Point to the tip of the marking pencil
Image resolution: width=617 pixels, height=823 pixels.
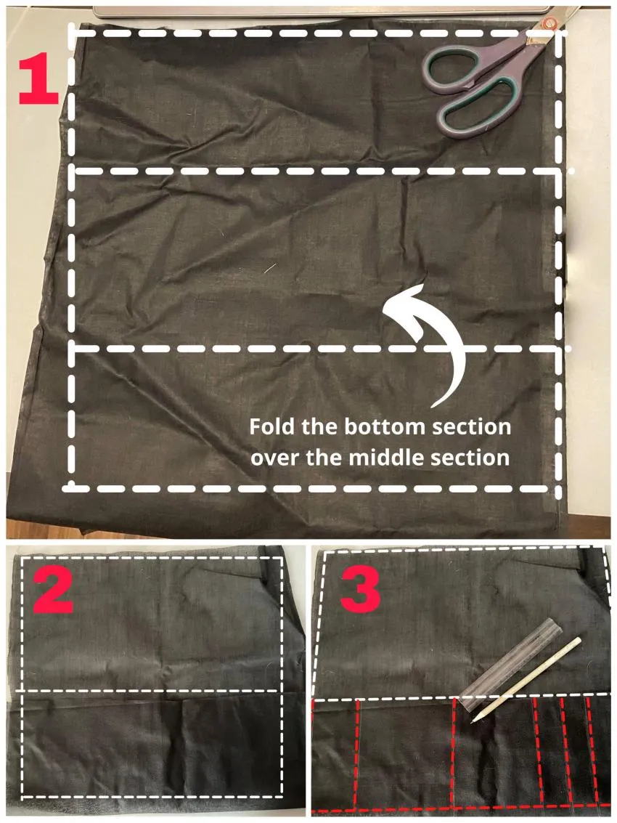(x=472, y=722)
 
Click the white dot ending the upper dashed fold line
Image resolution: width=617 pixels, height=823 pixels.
(x=571, y=171)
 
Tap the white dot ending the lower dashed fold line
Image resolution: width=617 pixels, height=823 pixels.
(x=571, y=349)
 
